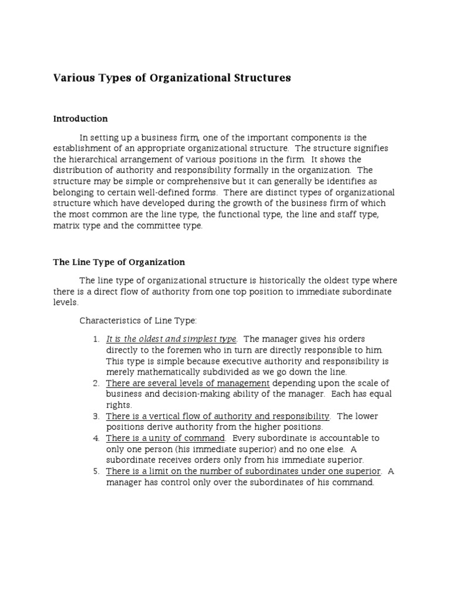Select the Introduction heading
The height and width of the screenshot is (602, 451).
(x=80, y=119)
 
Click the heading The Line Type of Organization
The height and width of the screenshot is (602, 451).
(x=119, y=262)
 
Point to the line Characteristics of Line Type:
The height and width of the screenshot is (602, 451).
(x=139, y=320)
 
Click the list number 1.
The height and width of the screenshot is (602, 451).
(x=96, y=339)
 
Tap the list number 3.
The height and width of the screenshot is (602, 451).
(x=96, y=416)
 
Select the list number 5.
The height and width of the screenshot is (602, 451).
(x=96, y=471)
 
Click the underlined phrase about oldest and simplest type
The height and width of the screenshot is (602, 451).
(x=171, y=339)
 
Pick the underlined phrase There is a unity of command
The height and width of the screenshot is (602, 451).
(x=166, y=438)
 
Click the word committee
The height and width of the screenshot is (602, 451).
(x=159, y=226)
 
